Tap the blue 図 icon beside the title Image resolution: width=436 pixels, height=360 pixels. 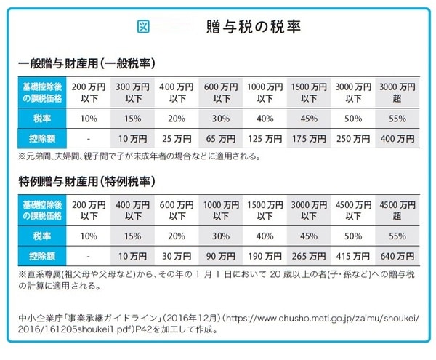[x=143, y=27]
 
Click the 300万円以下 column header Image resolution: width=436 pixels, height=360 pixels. [x=133, y=92]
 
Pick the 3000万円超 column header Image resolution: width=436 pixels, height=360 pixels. [x=397, y=92]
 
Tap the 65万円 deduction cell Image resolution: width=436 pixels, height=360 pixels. [x=221, y=137]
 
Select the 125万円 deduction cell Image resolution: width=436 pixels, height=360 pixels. [x=265, y=137]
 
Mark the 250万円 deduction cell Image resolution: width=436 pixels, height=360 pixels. [x=353, y=137]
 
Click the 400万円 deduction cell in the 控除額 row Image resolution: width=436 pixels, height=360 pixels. [x=397, y=137]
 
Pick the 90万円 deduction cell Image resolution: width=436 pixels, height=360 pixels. [x=221, y=256]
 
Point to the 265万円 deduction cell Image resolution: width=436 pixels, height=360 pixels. [x=309, y=256]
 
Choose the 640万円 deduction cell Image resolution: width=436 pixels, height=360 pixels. [x=397, y=256]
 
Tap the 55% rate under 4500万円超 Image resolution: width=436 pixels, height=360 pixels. [x=397, y=235]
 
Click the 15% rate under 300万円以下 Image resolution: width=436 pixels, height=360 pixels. [x=133, y=116]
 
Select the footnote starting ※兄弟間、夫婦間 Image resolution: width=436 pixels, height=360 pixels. [x=138, y=156]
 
